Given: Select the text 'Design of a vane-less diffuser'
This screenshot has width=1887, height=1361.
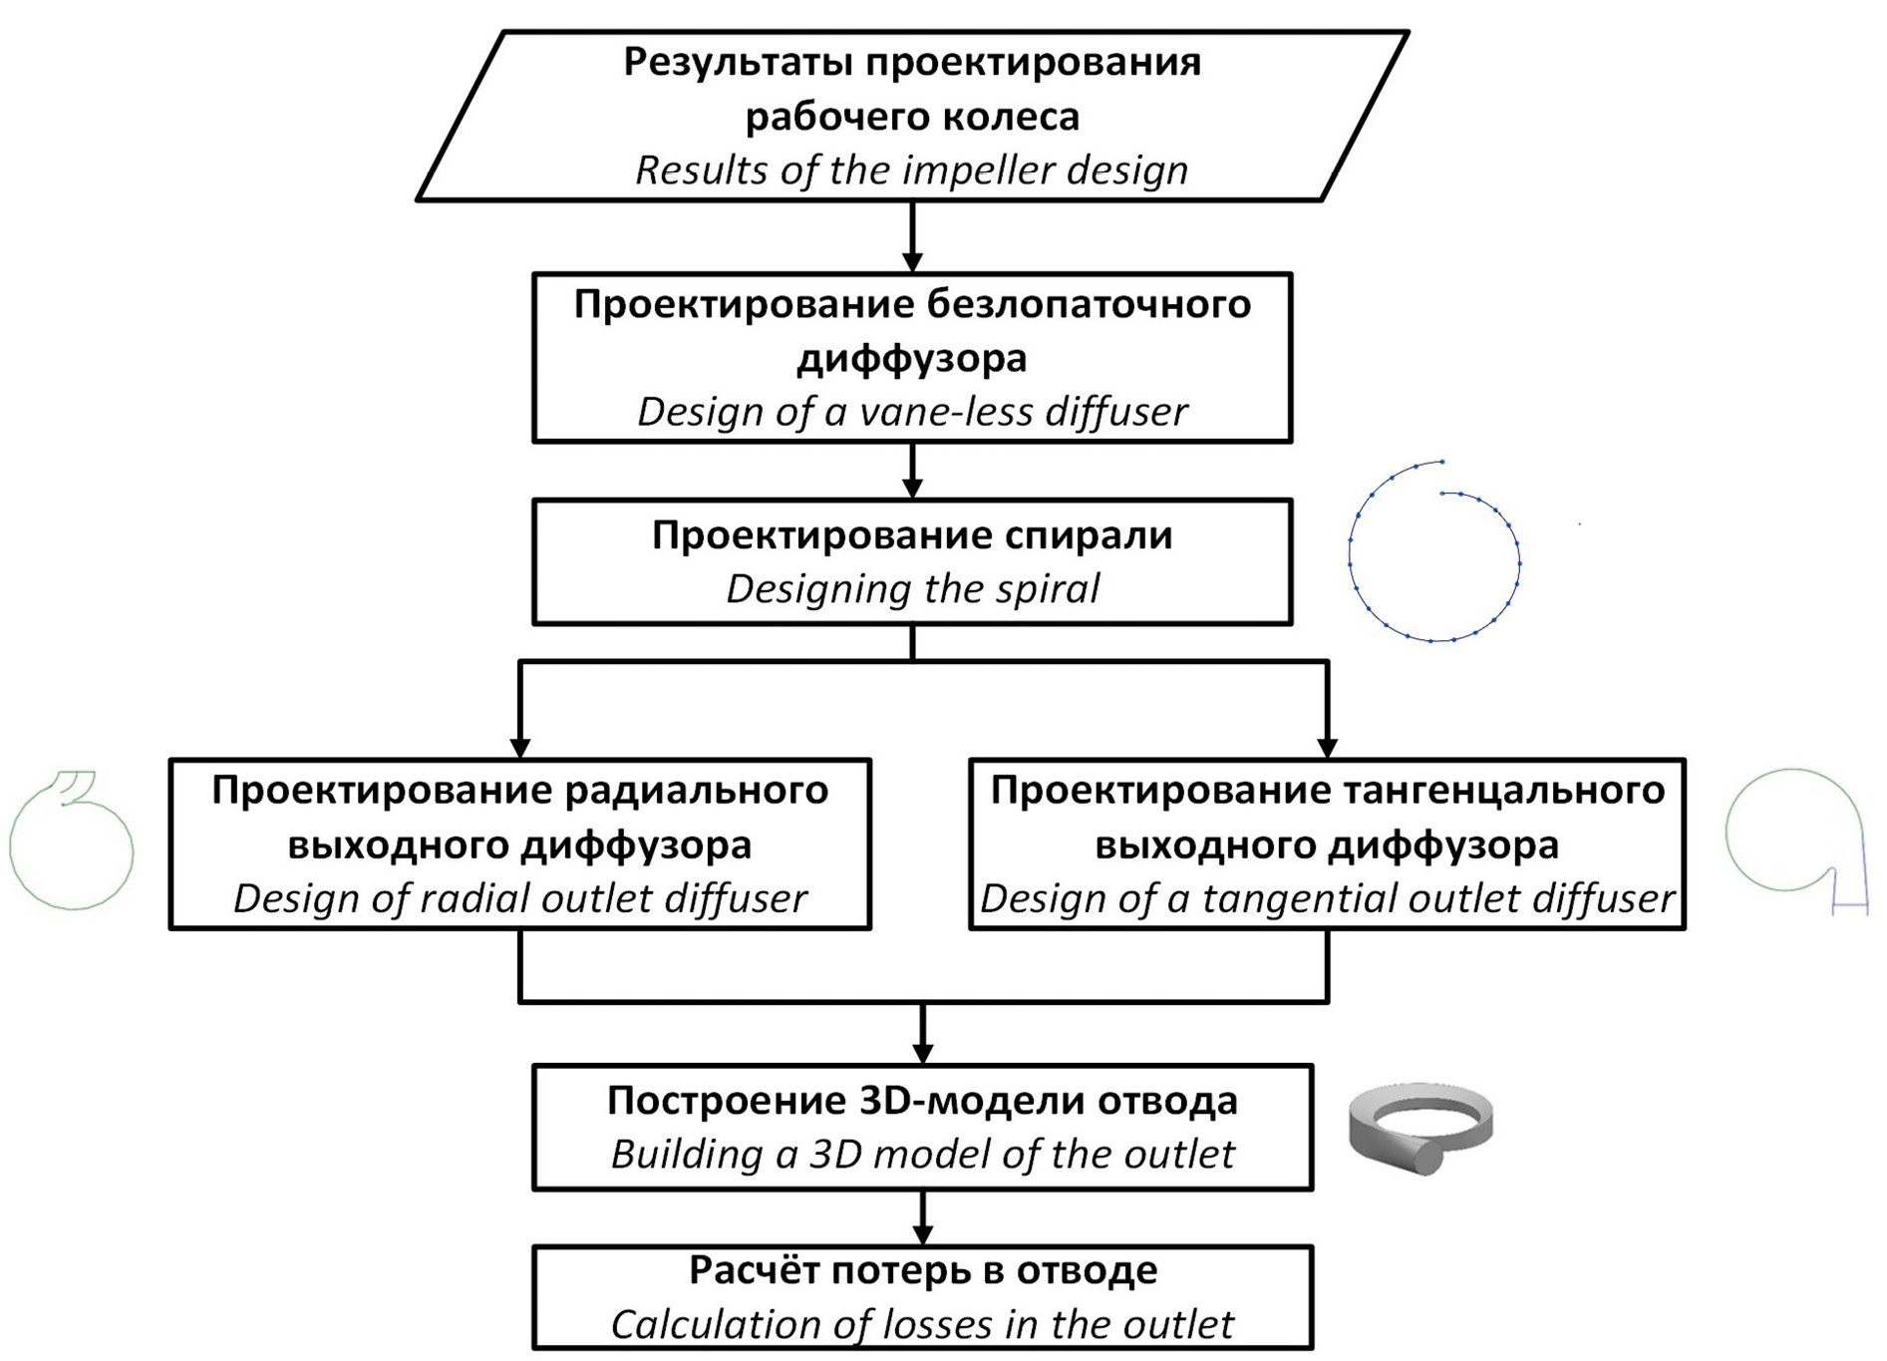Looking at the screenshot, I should pyautogui.click(x=912, y=412).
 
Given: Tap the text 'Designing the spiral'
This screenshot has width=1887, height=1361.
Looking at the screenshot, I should pyautogui.click(x=912, y=588).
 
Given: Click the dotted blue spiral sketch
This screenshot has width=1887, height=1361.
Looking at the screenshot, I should pyautogui.click(x=1434, y=551).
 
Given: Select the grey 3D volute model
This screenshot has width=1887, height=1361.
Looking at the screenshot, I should pyautogui.click(x=1420, y=1127).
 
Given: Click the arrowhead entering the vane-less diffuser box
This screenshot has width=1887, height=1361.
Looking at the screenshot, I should pyautogui.click(x=912, y=261).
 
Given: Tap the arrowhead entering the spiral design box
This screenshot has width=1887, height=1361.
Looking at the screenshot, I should pyautogui.click(x=912, y=488).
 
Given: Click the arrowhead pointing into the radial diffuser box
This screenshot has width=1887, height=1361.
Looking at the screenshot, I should pyautogui.click(x=519, y=747).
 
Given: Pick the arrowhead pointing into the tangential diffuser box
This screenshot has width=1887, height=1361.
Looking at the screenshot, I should pyautogui.click(x=1327, y=747).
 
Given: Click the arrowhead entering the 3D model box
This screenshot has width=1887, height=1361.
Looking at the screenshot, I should pyautogui.click(x=923, y=1053).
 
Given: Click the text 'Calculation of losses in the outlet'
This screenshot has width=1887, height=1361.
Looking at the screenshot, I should pyautogui.click(x=922, y=1324).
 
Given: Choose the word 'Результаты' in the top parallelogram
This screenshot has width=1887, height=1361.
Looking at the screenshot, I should pyautogui.click(x=738, y=62).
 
